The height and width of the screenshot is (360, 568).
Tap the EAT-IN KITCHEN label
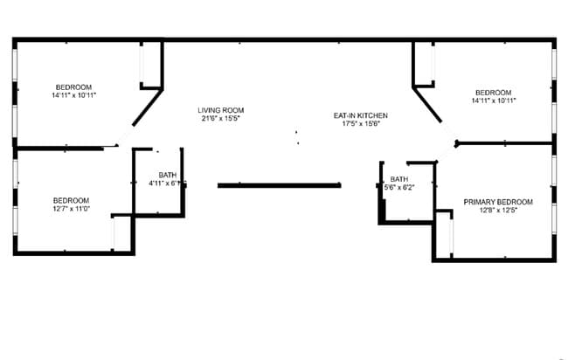[360, 115]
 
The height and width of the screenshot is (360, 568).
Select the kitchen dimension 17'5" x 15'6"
[360, 124]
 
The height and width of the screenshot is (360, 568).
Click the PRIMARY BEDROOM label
[497, 202]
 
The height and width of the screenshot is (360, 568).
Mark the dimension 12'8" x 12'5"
[497, 211]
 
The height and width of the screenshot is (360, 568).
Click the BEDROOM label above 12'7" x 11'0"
[71, 200]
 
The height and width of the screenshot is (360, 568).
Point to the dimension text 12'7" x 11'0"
[71, 209]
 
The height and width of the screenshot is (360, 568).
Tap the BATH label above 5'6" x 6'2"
[399, 179]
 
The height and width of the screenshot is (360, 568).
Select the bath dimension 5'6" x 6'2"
[399, 187]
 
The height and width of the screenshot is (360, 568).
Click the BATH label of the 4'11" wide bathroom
[167, 176]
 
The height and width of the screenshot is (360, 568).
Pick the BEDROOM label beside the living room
[73, 87]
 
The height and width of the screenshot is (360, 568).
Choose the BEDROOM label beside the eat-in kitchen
[493, 92]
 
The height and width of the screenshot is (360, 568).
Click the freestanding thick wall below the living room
[279, 185]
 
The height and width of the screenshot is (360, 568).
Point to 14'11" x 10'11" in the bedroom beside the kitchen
[493, 100]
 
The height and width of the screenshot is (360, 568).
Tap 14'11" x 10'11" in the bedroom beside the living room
[73, 95]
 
